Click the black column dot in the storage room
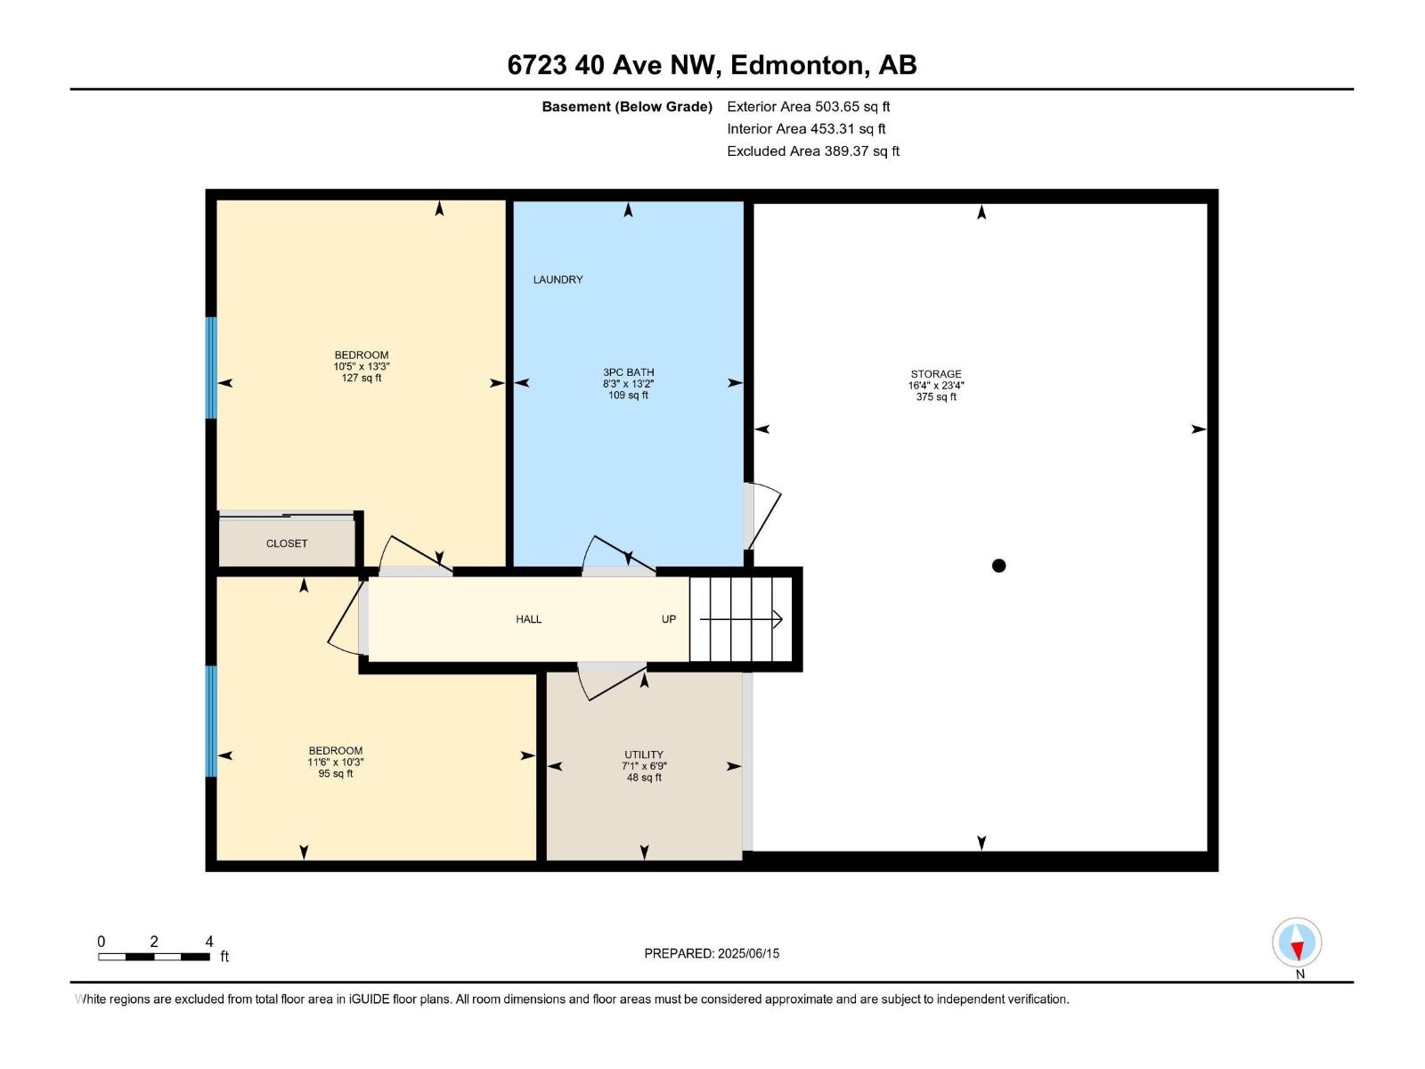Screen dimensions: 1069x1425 point(998,566)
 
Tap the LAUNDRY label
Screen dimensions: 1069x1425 point(558,280)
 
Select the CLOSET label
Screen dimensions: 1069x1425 point(287,543)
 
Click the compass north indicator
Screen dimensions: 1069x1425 point(1297,943)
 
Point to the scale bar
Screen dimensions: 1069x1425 point(154,956)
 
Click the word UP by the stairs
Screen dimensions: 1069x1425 point(669,619)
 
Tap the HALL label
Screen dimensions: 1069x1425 point(528,619)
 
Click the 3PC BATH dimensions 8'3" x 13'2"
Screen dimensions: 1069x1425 point(628,384)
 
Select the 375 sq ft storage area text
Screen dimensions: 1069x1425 point(936,397)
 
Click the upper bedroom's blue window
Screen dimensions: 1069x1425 point(211,367)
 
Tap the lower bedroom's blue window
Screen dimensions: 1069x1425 point(211,722)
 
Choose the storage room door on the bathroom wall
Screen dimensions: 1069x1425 point(761,517)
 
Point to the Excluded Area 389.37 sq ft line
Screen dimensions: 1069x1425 point(812,151)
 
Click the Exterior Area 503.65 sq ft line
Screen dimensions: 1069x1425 point(808,107)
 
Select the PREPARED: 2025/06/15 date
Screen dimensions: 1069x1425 point(712,953)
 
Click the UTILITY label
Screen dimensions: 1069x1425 point(644,755)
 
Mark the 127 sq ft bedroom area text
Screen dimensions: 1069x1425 point(362,378)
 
